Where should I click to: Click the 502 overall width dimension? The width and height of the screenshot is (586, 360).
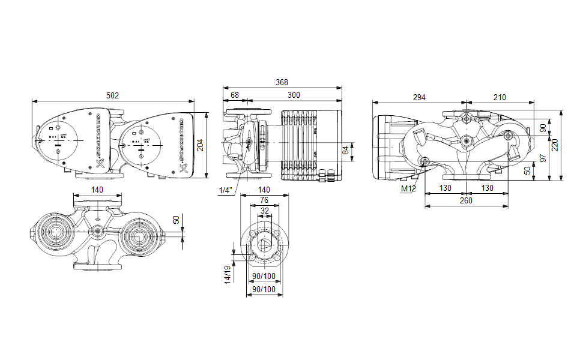pos(112,95)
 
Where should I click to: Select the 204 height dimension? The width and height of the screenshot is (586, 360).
pos(201,145)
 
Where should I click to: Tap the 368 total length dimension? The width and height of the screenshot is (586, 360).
pos(282,82)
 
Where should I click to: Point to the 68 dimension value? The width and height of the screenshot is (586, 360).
pos(235,95)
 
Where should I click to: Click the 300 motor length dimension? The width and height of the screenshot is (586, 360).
pos(294,95)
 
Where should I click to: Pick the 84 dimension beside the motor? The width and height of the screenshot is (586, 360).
pos(346,151)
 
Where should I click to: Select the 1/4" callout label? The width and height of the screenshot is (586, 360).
pos(226,190)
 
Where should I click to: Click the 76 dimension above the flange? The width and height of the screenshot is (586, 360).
pos(264,200)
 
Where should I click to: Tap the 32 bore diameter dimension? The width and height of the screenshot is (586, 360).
pos(264,211)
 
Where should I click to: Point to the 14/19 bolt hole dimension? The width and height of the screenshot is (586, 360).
pos(228,274)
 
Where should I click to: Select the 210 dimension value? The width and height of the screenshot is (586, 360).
pos(500,97)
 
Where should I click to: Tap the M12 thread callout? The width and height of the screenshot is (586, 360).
pos(408,189)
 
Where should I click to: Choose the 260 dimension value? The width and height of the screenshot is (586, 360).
pos(466,200)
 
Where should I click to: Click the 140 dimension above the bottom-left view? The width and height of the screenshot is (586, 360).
pos(97,190)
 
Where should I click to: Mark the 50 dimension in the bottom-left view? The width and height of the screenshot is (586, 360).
pos(176,220)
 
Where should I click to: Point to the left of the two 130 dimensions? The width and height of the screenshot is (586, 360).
pos(445,188)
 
